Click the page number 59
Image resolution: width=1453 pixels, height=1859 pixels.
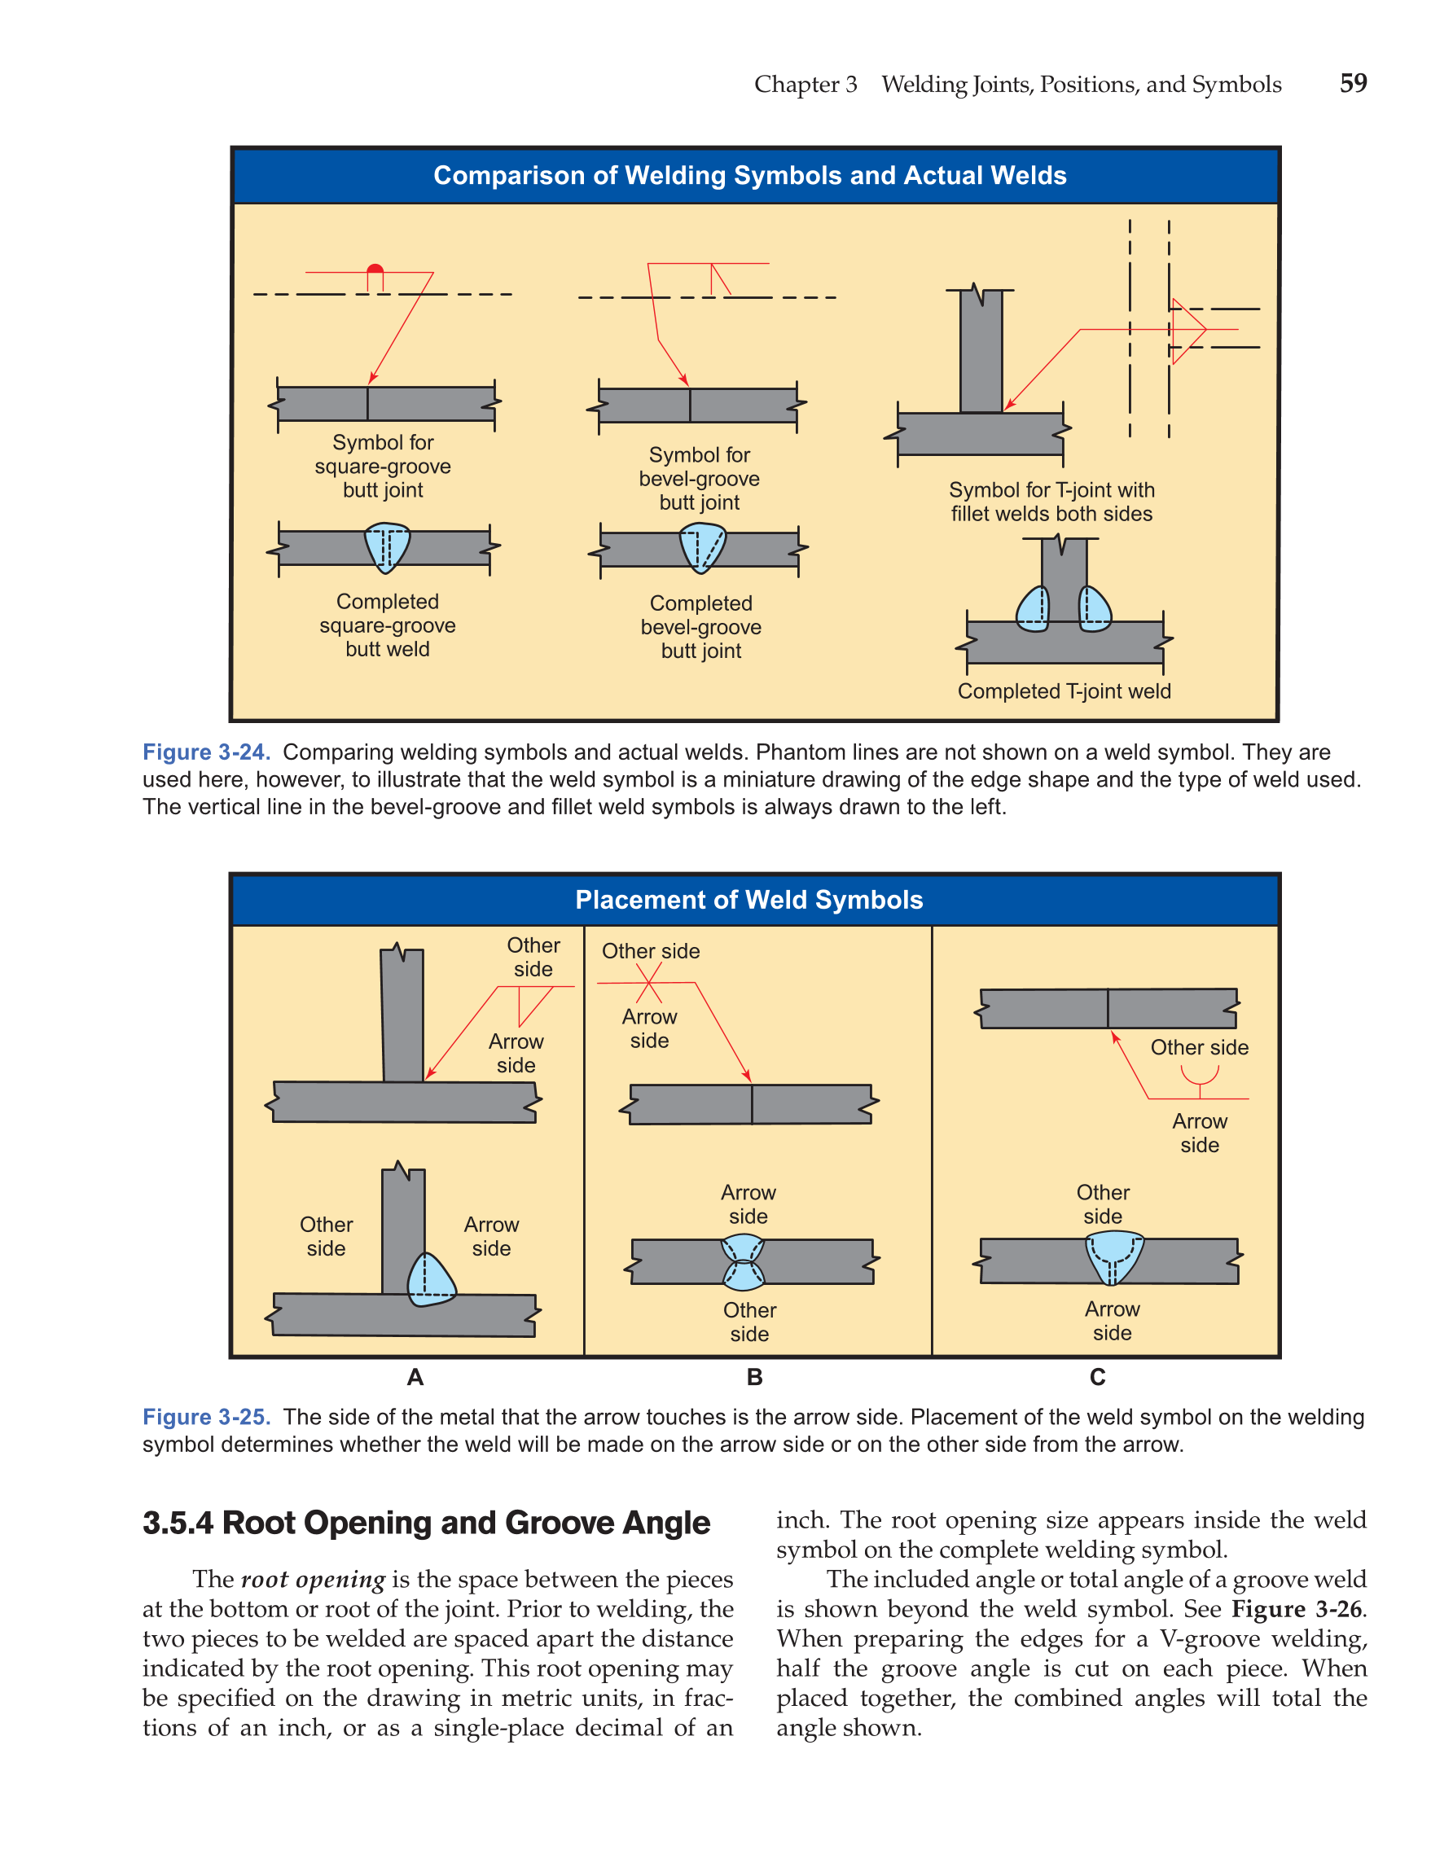(1353, 82)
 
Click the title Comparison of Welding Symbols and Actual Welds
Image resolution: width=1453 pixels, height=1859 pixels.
(749, 175)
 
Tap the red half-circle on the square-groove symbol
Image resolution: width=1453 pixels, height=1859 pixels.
(375, 269)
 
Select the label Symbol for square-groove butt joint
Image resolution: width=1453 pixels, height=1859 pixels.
(382, 466)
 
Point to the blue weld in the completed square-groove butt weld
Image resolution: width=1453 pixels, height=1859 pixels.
(386, 546)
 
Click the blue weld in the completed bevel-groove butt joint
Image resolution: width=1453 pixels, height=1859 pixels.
(702, 547)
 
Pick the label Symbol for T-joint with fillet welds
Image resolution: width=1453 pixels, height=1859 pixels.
(1051, 502)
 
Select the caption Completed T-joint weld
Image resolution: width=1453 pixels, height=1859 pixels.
(1063, 691)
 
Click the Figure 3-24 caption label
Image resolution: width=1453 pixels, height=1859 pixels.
(206, 752)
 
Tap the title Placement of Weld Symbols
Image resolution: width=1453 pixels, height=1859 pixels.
(749, 900)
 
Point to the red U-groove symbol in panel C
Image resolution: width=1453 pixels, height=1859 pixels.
(1200, 1077)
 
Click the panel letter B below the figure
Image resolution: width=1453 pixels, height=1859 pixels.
(754, 1377)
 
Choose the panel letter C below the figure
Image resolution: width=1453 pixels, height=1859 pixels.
(1097, 1377)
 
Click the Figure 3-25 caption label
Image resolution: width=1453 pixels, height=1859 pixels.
(206, 1417)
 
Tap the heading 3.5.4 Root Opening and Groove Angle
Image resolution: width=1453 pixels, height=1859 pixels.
(426, 1523)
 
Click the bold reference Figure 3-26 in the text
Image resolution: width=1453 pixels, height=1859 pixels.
(1298, 1610)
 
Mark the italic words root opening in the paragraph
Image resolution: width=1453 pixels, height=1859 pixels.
(314, 1580)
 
